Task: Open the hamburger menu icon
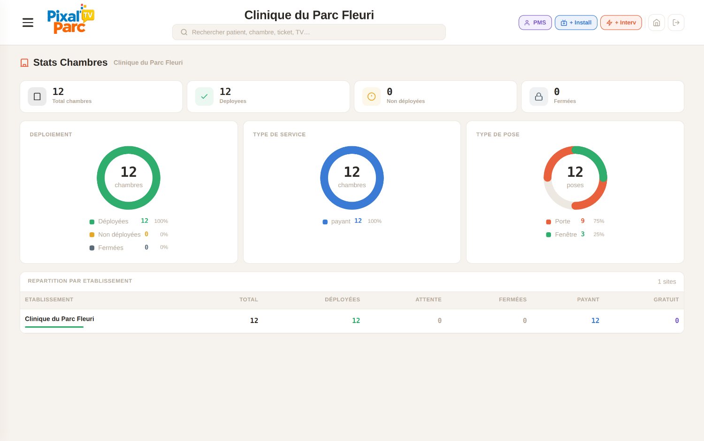click(28, 23)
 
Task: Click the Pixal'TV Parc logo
click(71, 19)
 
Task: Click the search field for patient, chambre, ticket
click(309, 32)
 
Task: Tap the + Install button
click(576, 23)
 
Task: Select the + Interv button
click(621, 23)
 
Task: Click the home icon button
click(656, 23)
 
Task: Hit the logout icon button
click(676, 23)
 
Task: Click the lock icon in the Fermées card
click(538, 96)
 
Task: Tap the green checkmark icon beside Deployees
click(204, 96)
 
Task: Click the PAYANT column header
click(588, 299)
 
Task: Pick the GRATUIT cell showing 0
click(677, 321)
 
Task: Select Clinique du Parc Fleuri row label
click(60, 319)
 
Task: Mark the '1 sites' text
click(666, 282)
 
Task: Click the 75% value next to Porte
click(598, 221)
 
